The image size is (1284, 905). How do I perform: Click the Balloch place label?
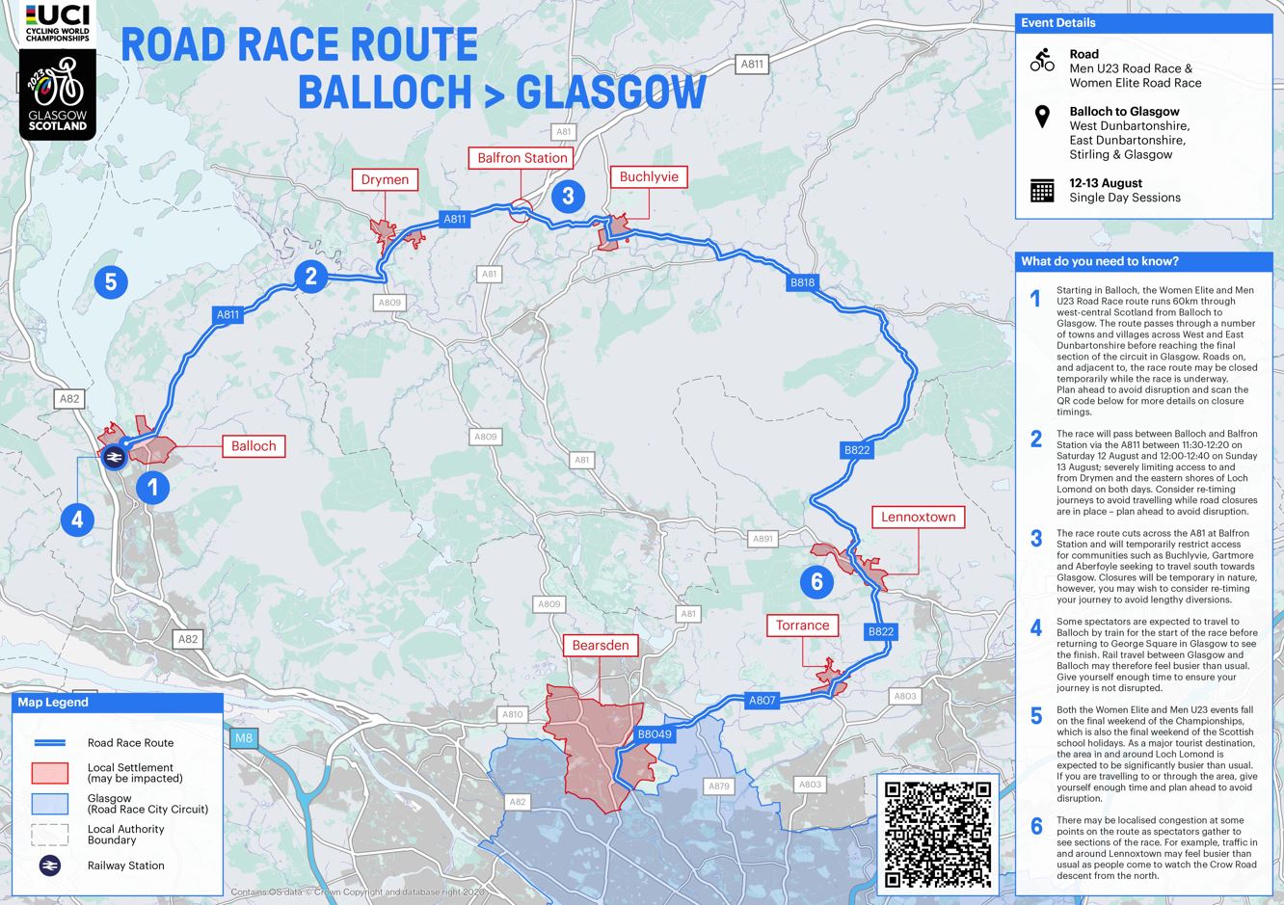[x=254, y=446]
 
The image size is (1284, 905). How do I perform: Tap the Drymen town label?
[x=385, y=180]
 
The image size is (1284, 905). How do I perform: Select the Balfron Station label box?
[x=522, y=158]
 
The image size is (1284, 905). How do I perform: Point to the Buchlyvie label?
[x=649, y=177]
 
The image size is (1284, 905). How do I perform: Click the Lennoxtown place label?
[x=918, y=518]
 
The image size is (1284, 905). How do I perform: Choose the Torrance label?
[x=802, y=626]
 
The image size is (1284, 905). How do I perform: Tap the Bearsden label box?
[x=601, y=646]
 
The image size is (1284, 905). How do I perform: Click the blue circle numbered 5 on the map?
[x=111, y=281]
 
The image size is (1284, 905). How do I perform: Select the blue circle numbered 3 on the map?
[x=568, y=196]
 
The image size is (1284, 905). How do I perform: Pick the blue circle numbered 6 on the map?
[x=817, y=581]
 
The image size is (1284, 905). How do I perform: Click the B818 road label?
[x=802, y=282]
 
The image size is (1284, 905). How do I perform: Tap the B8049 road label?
[x=655, y=734]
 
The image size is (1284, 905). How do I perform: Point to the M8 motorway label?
[x=244, y=739]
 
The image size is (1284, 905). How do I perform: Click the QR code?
[x=938, y=835]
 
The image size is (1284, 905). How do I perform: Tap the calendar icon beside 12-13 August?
[x=1042, y=190]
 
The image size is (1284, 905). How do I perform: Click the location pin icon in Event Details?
[x=1042, y=118]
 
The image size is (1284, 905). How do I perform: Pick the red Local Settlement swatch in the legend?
[x=49, y=773]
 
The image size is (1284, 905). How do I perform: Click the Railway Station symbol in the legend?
[x=49, y=865]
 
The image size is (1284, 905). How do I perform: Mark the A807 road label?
[x=762, y=701]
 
